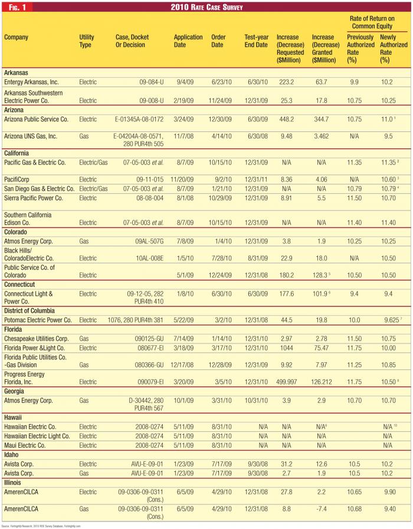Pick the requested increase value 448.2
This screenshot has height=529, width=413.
point(287,119)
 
